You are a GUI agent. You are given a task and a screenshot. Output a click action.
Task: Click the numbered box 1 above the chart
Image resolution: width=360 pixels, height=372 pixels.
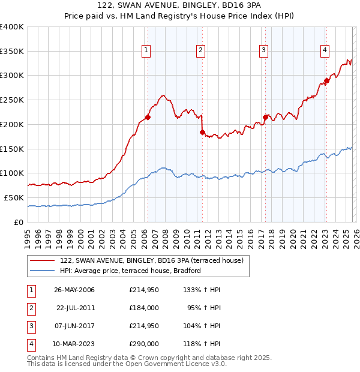[147, 50]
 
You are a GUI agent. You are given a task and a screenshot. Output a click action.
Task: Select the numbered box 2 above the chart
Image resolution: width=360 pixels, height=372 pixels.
[200, 50]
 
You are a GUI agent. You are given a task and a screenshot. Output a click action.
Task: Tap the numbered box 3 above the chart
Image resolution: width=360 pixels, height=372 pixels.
[263, 50]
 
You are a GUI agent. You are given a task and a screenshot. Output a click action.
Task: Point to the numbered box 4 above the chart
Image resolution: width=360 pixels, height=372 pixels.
[324, 50]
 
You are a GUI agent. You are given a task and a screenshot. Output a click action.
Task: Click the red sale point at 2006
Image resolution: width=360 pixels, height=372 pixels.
[148, 118]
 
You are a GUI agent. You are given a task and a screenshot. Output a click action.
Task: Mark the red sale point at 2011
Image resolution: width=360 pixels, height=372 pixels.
[202, 132]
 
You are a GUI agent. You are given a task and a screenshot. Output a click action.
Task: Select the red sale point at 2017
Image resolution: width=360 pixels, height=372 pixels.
[265, 118]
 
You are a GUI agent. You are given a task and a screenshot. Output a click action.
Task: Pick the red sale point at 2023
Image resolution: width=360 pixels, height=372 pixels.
[326, 80]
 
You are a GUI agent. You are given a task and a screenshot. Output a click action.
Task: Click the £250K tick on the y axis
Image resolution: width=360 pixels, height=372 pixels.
[12, 100]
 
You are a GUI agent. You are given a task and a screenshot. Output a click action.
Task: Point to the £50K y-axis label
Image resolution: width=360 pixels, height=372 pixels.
[14, 197]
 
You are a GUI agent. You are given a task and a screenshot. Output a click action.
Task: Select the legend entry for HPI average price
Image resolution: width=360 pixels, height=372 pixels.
[130, 271]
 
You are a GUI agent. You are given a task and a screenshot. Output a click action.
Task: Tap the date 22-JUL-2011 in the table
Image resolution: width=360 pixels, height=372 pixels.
[75, 308]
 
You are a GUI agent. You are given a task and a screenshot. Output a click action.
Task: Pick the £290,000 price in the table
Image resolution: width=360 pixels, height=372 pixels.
[143, 344]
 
